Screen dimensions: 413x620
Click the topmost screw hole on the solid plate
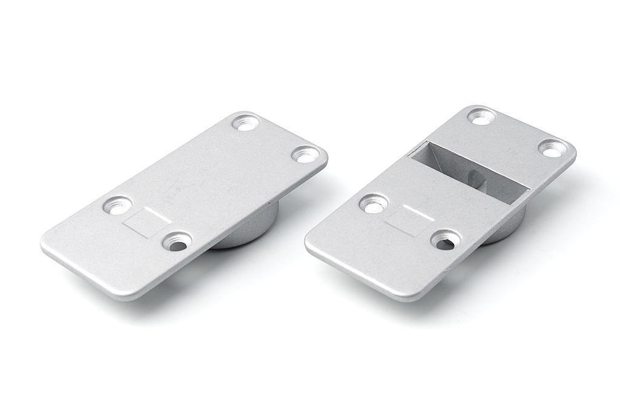pos(246,123)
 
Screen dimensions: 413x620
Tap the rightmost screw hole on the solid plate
pos(306,154)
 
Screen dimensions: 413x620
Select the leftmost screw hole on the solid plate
pos(117,205)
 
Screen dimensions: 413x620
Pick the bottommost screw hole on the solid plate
pos(177,242)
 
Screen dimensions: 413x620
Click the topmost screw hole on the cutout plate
pos(481,116)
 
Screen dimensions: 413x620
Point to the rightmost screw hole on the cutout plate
pos(553,149)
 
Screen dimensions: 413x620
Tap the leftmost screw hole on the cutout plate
pos(374,204)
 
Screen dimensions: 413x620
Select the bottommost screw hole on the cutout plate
pos(446,240)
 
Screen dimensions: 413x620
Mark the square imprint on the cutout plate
pos(409,220)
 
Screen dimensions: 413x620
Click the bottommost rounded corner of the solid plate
pos(127,295)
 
